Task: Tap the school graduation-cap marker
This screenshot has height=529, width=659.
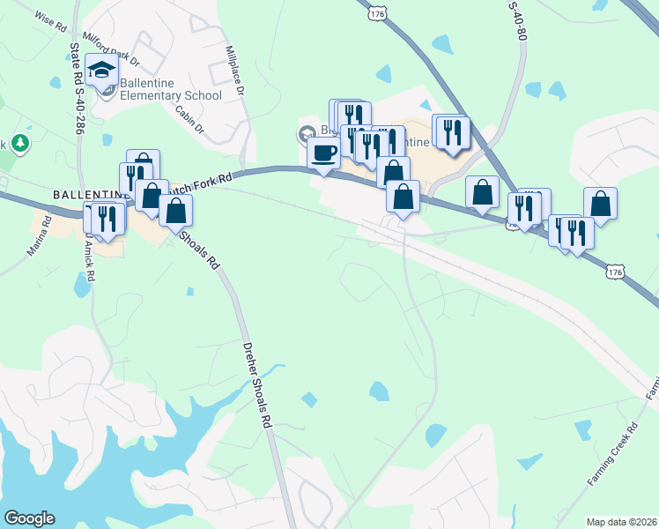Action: click(x=102, y=70)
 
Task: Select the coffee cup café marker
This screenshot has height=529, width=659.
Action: click(x=323, y=152)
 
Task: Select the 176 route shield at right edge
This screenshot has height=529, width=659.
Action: click(x=616, y=273)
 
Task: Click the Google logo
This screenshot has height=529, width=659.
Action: click(x=28, y=518)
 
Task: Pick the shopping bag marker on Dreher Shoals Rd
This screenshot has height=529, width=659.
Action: click(x=175, y=211)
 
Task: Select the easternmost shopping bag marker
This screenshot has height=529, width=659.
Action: click(x=600, y=203)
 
